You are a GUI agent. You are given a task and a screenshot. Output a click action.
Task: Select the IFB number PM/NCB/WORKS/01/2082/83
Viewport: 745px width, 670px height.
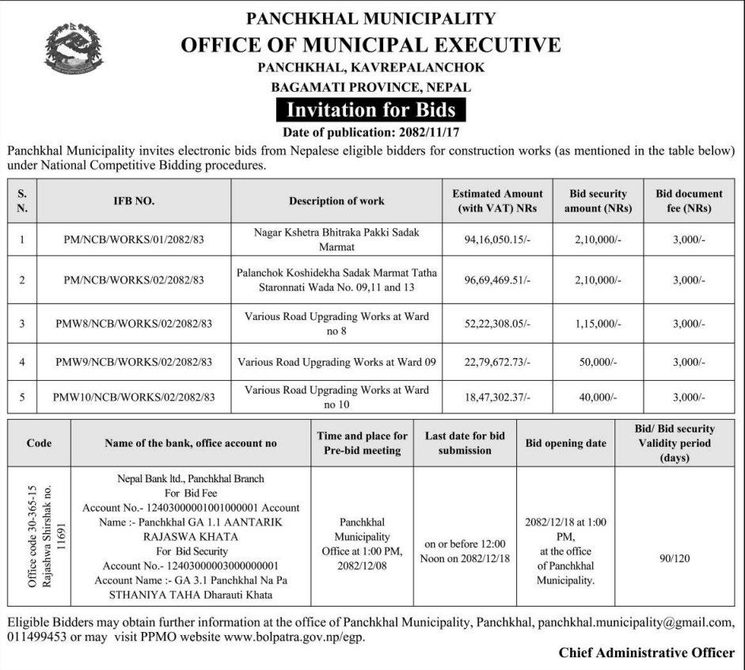(134, 239)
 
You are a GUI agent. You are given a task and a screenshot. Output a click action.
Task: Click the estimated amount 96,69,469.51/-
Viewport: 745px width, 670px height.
(497, 280)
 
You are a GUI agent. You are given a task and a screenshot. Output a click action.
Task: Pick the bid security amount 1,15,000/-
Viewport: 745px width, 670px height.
(597, 323)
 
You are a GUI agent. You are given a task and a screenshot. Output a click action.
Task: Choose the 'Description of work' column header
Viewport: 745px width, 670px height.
(336, 201)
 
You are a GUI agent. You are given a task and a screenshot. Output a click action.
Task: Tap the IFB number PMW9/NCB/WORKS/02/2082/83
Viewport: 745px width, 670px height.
(134, 363)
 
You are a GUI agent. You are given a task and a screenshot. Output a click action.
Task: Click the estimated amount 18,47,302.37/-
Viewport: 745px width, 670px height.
(497, 398)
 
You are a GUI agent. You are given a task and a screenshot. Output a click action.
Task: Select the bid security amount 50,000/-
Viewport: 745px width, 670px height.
(597, 363)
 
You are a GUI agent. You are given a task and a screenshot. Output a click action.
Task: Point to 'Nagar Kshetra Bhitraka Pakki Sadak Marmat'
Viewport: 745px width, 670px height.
(336, 238)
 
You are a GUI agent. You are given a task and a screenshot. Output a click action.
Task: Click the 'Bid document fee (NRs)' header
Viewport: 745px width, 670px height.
(688, 201)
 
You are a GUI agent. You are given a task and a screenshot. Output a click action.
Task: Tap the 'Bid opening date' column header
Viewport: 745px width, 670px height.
(565, 443)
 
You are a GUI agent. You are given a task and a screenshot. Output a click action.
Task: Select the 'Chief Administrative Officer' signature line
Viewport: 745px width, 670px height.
(646, 653)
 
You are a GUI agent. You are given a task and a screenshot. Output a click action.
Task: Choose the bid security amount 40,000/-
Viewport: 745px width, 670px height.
(597, 398)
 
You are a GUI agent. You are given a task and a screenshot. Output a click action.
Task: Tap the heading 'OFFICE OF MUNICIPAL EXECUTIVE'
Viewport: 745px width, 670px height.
(371, 44)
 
